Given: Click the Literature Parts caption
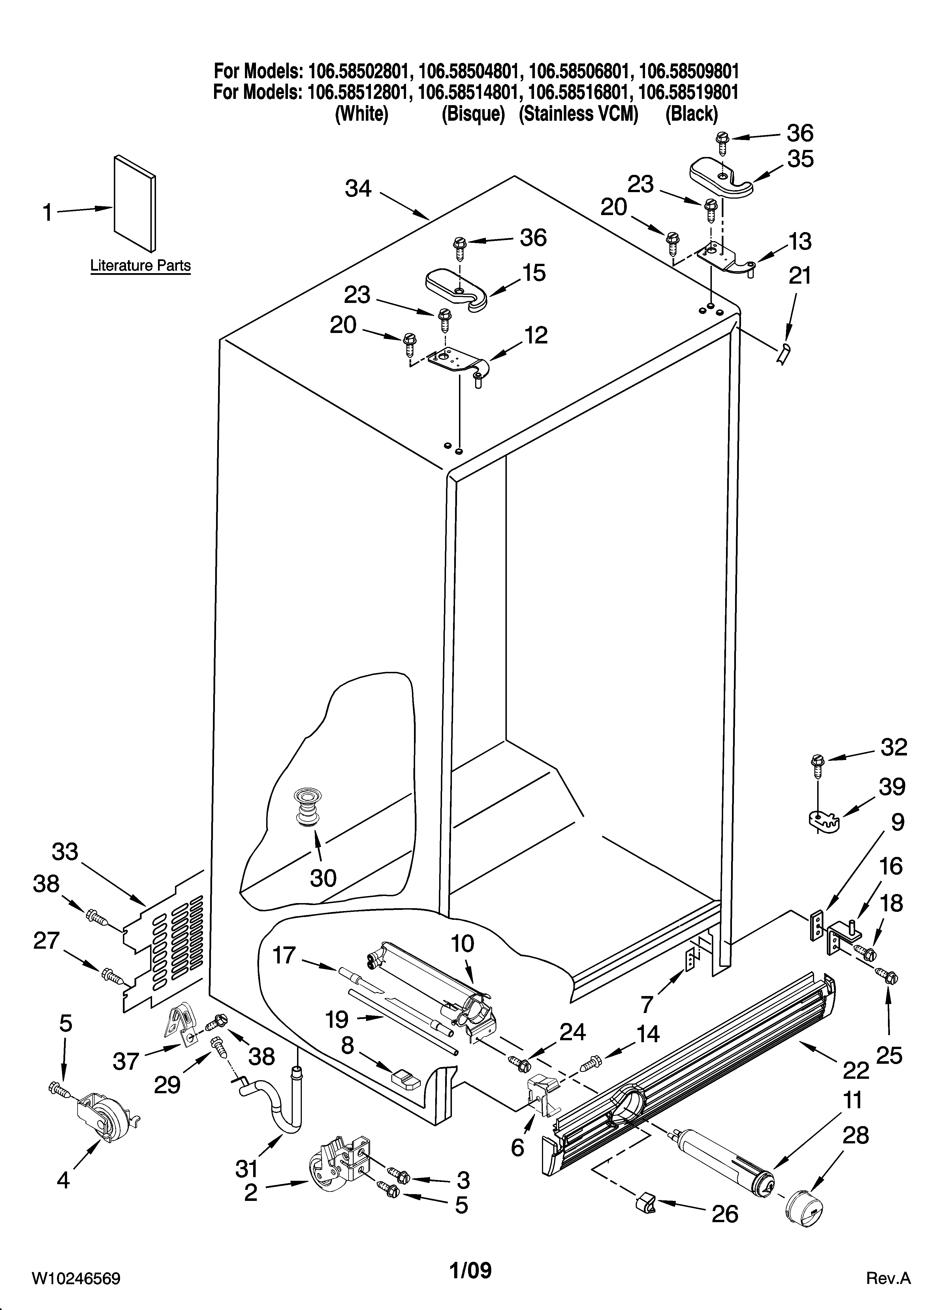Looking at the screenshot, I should tap(140, 266).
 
